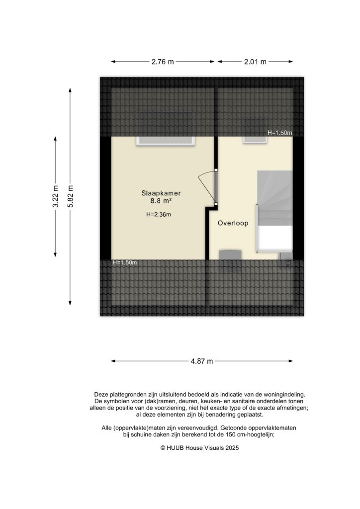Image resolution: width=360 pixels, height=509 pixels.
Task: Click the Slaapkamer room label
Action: pyautogui.click(x=160, y=193)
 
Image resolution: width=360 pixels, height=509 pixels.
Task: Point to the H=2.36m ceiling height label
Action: pyautogui.click(x=159, y=215)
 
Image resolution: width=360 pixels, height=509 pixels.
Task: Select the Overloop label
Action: pyautogui.click(x=233, y=224)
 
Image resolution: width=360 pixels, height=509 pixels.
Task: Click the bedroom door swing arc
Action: pyautogui.click(x=205, y=186)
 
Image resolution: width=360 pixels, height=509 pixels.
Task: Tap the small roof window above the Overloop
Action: pyautogui.click(x=254, y=139)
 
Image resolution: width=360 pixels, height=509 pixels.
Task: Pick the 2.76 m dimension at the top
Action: pyautogui.click(x=163, y=62)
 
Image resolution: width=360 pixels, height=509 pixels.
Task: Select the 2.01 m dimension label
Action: pyautogui.click(x=255, y=62)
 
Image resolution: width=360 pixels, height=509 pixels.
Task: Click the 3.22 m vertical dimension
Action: pyautogui.click(x=56, y=195)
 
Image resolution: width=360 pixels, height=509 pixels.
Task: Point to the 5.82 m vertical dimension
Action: pyautogui.click(x=71, y=195)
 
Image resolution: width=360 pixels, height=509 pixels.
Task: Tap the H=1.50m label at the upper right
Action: pyautogui.click(x=279, y=133)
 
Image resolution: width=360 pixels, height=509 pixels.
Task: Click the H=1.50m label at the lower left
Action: pyautogui.click(x=125, y=262)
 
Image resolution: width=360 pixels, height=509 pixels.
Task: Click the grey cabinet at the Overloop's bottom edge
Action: pyautogui.click(x=231, y=254)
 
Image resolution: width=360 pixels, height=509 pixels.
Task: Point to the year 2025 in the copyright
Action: pyautogui.click(x=232, y=448)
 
